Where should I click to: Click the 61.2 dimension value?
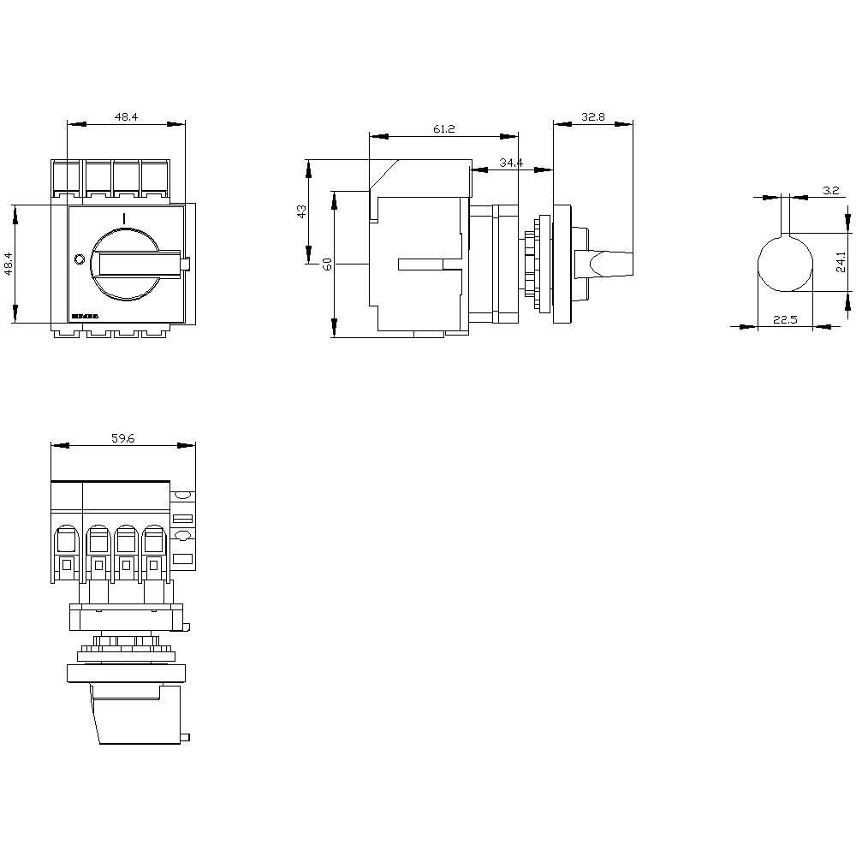pyautogui.click(x=443, y=129)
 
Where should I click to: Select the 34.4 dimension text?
pyautogui.click(x=510, y=163)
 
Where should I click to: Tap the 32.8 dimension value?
pyautogui.click(x=593, y=118)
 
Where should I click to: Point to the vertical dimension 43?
pyautogui.click(x=301, y=211)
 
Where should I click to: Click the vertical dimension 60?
pyautogui.click(x=326, y=264)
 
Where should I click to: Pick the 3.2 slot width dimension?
pyautogui.click(x=829, y=190)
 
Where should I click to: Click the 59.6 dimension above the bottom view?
pyautogui.click(x=122, y=438)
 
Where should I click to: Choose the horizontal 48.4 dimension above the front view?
pyautogui.click(x=125, y=117)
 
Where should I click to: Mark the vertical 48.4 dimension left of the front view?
pyautogui.click(x=9, y=264)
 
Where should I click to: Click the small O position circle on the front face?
pyautogui.click(x=79, y=259)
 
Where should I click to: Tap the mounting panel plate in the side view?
pyautogui.click(x=562, y=263)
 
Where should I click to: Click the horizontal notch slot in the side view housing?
pyautogui.click(x=421, y=264)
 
